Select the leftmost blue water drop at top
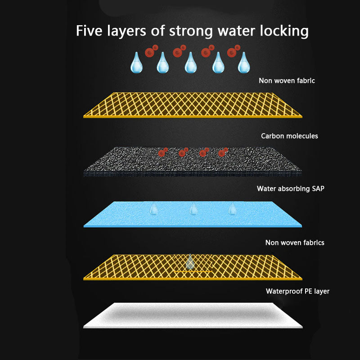click(136, 63)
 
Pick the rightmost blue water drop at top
click(244, 63)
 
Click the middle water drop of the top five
click(190, 63)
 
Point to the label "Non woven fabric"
click(287, 81)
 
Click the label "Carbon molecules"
click(289, 136)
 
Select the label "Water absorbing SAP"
click(290, 189)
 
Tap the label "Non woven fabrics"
click(295, 243)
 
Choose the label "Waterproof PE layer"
click(297, 291)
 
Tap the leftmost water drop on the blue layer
click(154, 208)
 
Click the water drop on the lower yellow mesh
click(190, 261)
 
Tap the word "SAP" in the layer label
click(317, 189)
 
